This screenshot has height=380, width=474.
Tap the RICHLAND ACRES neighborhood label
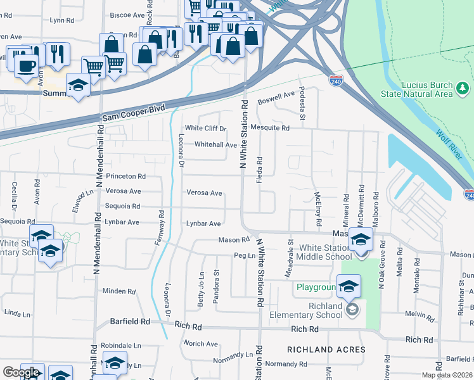coord(326,350)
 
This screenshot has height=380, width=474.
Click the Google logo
coord(21,372)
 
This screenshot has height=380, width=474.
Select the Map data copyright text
coord(447,375)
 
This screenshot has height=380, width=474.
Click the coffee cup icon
coord(26,66)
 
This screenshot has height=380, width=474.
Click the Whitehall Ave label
coord(215,144)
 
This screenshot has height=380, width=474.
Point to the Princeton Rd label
coord(126,176)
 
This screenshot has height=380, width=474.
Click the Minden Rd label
coord(119,291)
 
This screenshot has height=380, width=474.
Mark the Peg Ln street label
coord(244,256)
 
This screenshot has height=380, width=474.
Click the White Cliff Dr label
coord(205,129)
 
